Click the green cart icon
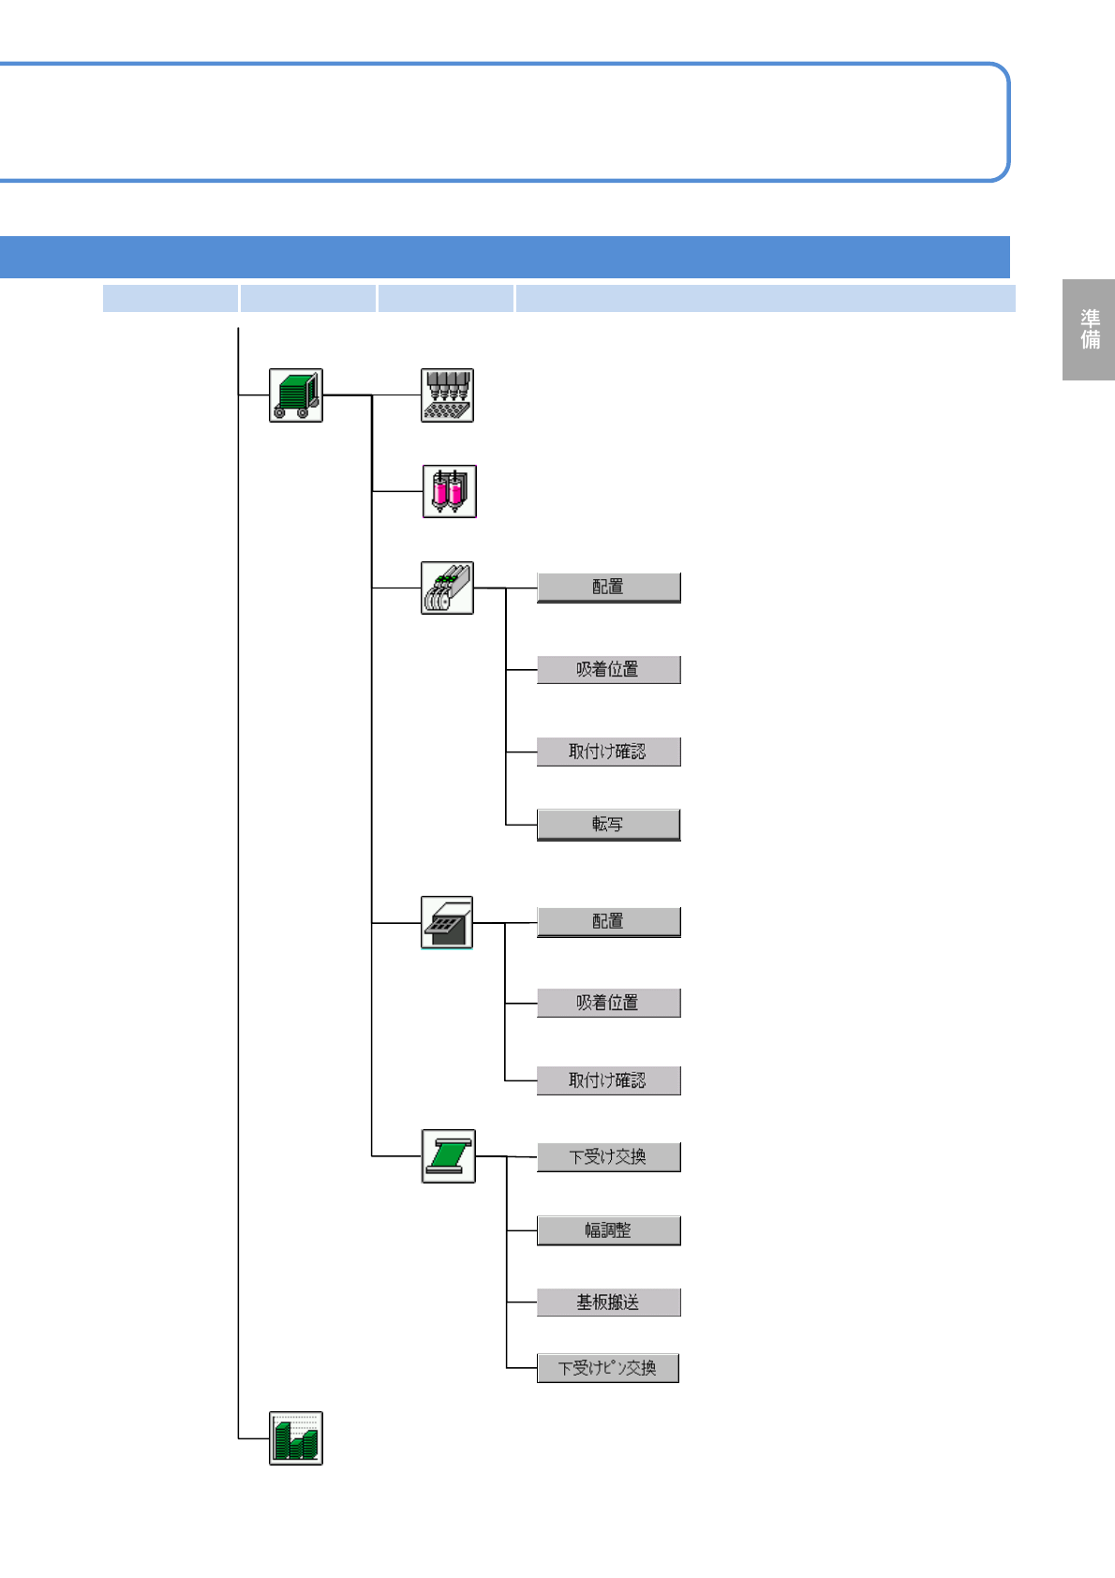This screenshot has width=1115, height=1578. click(x=296, y=395)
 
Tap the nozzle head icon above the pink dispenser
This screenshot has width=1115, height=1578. click(x=447, y=395)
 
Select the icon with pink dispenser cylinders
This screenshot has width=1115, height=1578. click(x=449, y=491)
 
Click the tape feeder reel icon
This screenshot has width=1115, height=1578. click(x=447, y=588)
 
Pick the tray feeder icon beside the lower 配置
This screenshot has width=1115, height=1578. click(x=447, y=922)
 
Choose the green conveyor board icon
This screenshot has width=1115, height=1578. click(x=448, y=1156)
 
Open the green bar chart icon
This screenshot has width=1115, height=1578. click(x=296, y=1437)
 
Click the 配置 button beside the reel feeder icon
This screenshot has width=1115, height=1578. click(x=608, y=588)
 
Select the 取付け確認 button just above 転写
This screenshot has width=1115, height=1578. click(x=608, y=752)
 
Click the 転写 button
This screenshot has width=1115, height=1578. click(x=608, y=825)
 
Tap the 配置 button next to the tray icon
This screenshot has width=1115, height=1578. click(x=608, y=922)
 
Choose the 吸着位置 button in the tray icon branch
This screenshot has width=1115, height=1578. click(x=608, y=1003)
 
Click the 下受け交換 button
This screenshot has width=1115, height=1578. click(x=608, y=1157)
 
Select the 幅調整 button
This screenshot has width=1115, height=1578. click(x=608, y=1230)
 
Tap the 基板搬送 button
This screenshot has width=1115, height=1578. click(x=608, y=1303)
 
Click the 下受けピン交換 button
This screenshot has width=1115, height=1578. click(x=607, y=1368)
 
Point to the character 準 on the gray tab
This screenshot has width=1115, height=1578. click(x=1090, y=319)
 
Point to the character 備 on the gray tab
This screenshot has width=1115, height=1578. click(x=1090, y=340)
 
